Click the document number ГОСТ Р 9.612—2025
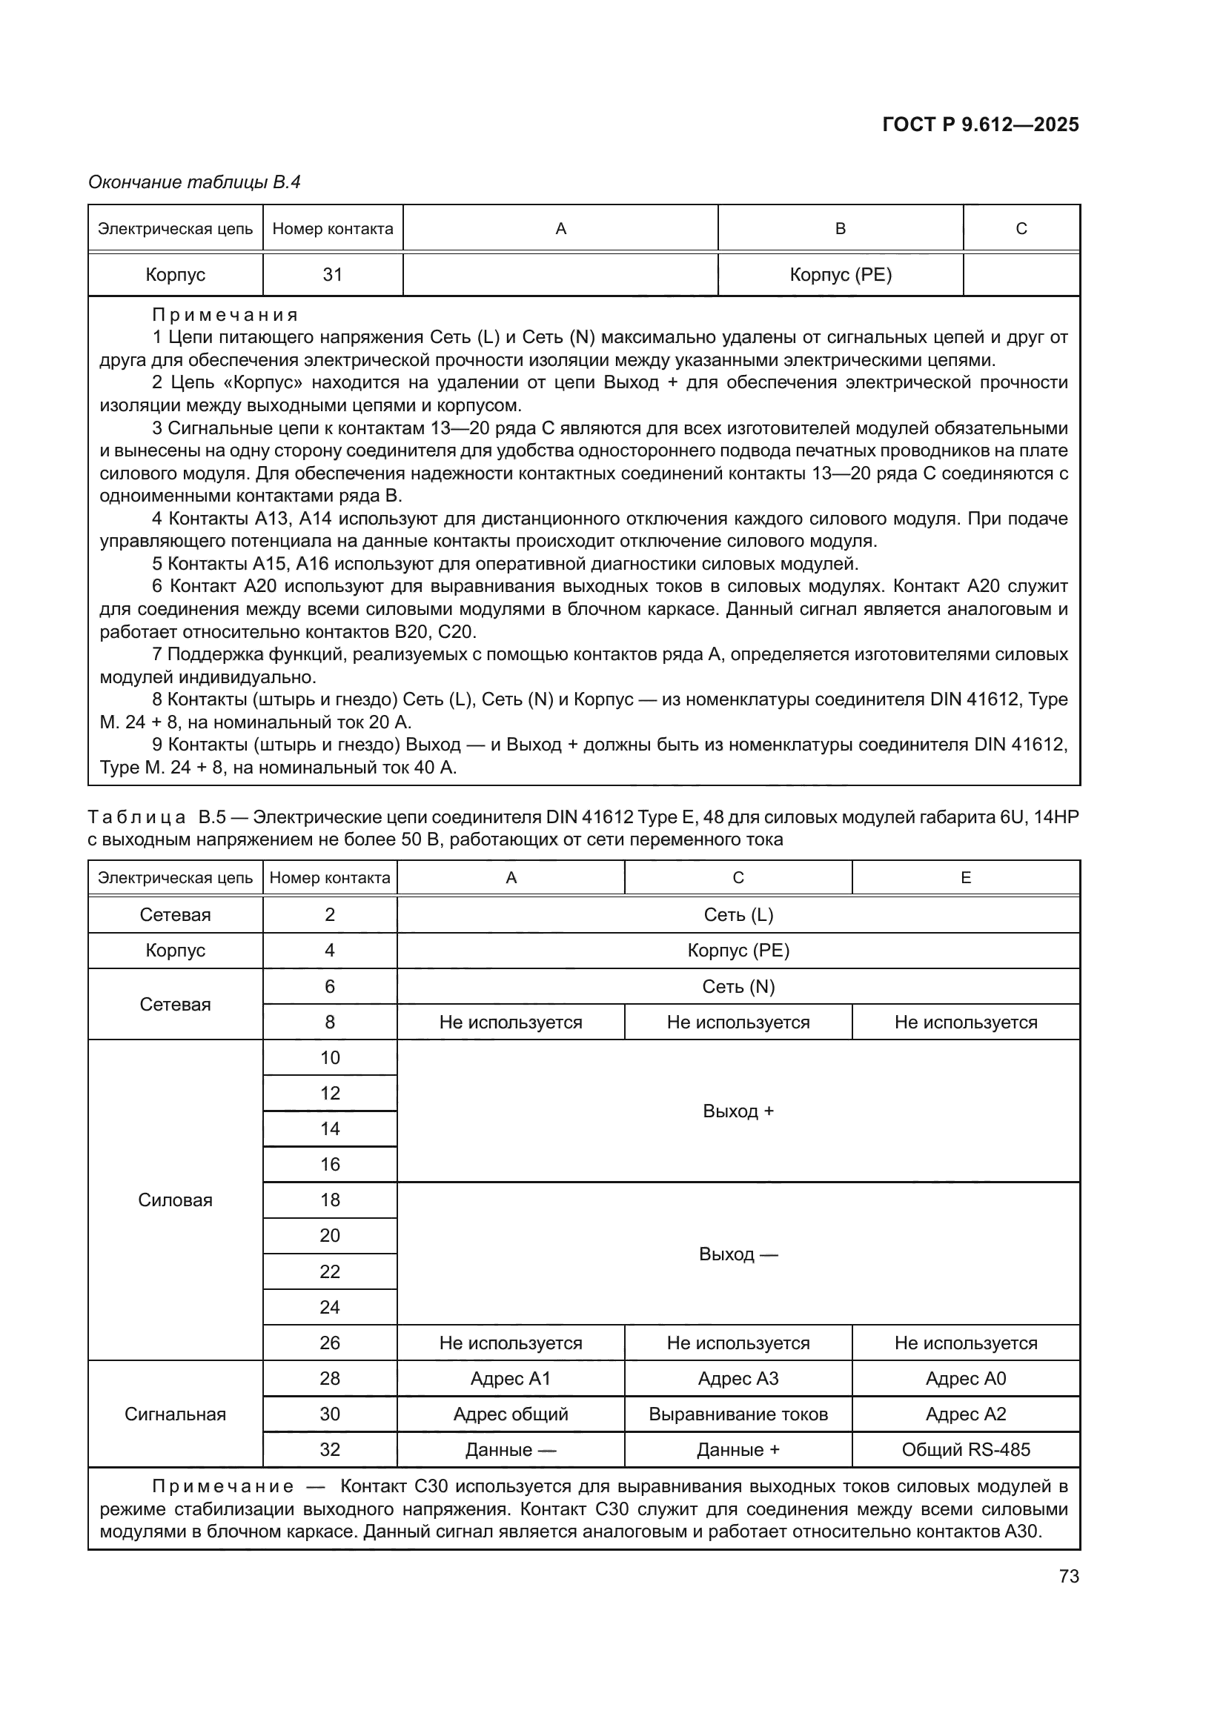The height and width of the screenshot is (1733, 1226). click(x=980, y=125)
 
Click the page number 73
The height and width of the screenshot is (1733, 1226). click(x=1068, y=1576)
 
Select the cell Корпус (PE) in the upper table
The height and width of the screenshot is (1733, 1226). click(x=841, y=275)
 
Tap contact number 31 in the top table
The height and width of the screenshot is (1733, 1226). click(x=332, y=275)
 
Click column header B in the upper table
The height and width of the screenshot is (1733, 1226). click(x=841, y=229)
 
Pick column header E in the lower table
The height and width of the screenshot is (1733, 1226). click(x=965, y=878)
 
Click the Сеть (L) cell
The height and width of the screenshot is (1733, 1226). click(x=738, y=915)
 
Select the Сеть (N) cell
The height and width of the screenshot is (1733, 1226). click(x=738, y=986)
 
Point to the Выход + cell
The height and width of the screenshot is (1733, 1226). click(x=738, y=1111)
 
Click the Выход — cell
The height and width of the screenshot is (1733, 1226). click(x=738, y=1254)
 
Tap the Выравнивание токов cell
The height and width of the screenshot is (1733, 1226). click(x=738, y=1414)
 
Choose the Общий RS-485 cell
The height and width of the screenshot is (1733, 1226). click(x=965, y=1449)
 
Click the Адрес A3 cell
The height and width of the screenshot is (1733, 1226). click(x=738, y=1378)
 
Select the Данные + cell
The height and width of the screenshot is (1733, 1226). click(x=738, y=1449)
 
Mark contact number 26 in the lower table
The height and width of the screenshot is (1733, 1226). click(x=330, y=1343)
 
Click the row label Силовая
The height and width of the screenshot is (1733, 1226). click(x=175, y=1200)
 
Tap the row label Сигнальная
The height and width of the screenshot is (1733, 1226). click(x=175, y=1414)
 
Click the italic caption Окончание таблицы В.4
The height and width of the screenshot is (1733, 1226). click(x=194, y=182)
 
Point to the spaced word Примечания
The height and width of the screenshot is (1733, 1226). click(x=225, y=315)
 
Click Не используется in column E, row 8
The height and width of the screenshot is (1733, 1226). click(x=965, y=1022)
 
